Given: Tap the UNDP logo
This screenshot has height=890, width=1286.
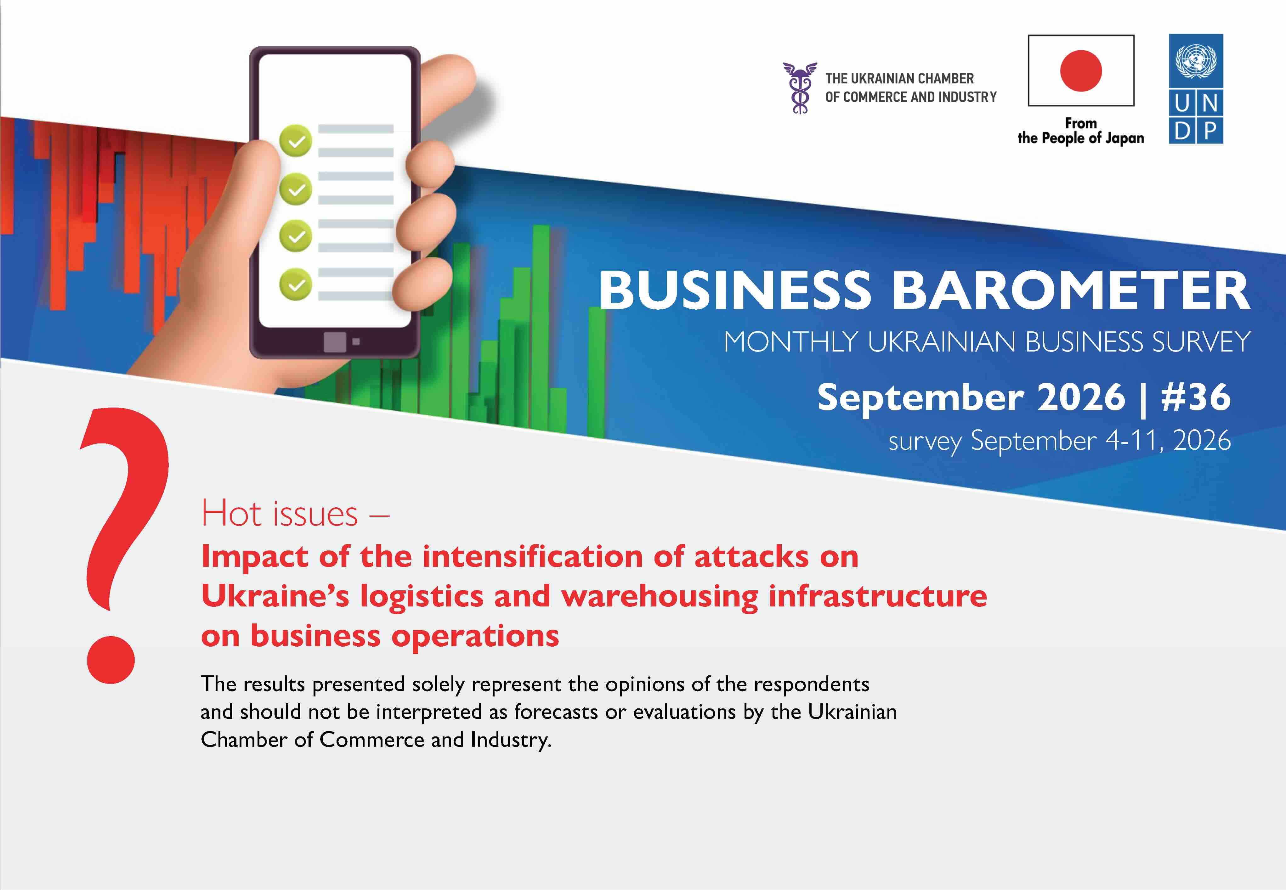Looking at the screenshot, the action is click(1196, 89).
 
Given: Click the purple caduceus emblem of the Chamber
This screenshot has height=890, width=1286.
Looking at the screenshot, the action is click(800, 87).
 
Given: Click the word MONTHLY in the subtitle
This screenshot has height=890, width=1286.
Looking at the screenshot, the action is click(790, 342).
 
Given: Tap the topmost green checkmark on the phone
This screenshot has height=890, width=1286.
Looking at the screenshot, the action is click(296, 141).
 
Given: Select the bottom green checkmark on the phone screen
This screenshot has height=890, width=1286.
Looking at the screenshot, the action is click(296, 284).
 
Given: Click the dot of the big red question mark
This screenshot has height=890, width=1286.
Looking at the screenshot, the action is click(111, 660).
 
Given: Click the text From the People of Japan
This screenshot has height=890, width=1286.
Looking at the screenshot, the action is click(1081, 131).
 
